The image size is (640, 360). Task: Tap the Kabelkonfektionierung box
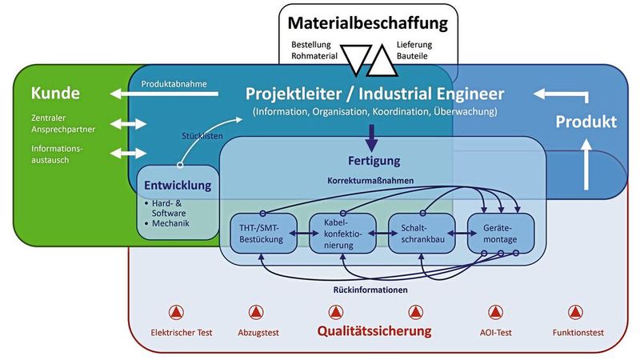click(342, 234)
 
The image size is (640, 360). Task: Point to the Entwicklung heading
click(177, 186)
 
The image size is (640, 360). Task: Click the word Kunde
click(55, 94)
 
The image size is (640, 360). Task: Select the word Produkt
click(586, 122)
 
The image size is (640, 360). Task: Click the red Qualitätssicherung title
click(374, 330)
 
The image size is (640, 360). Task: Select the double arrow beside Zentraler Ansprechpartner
click(129, 124)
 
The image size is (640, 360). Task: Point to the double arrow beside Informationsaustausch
click(129, 153)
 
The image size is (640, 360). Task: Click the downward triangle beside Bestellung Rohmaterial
click(352, 57)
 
